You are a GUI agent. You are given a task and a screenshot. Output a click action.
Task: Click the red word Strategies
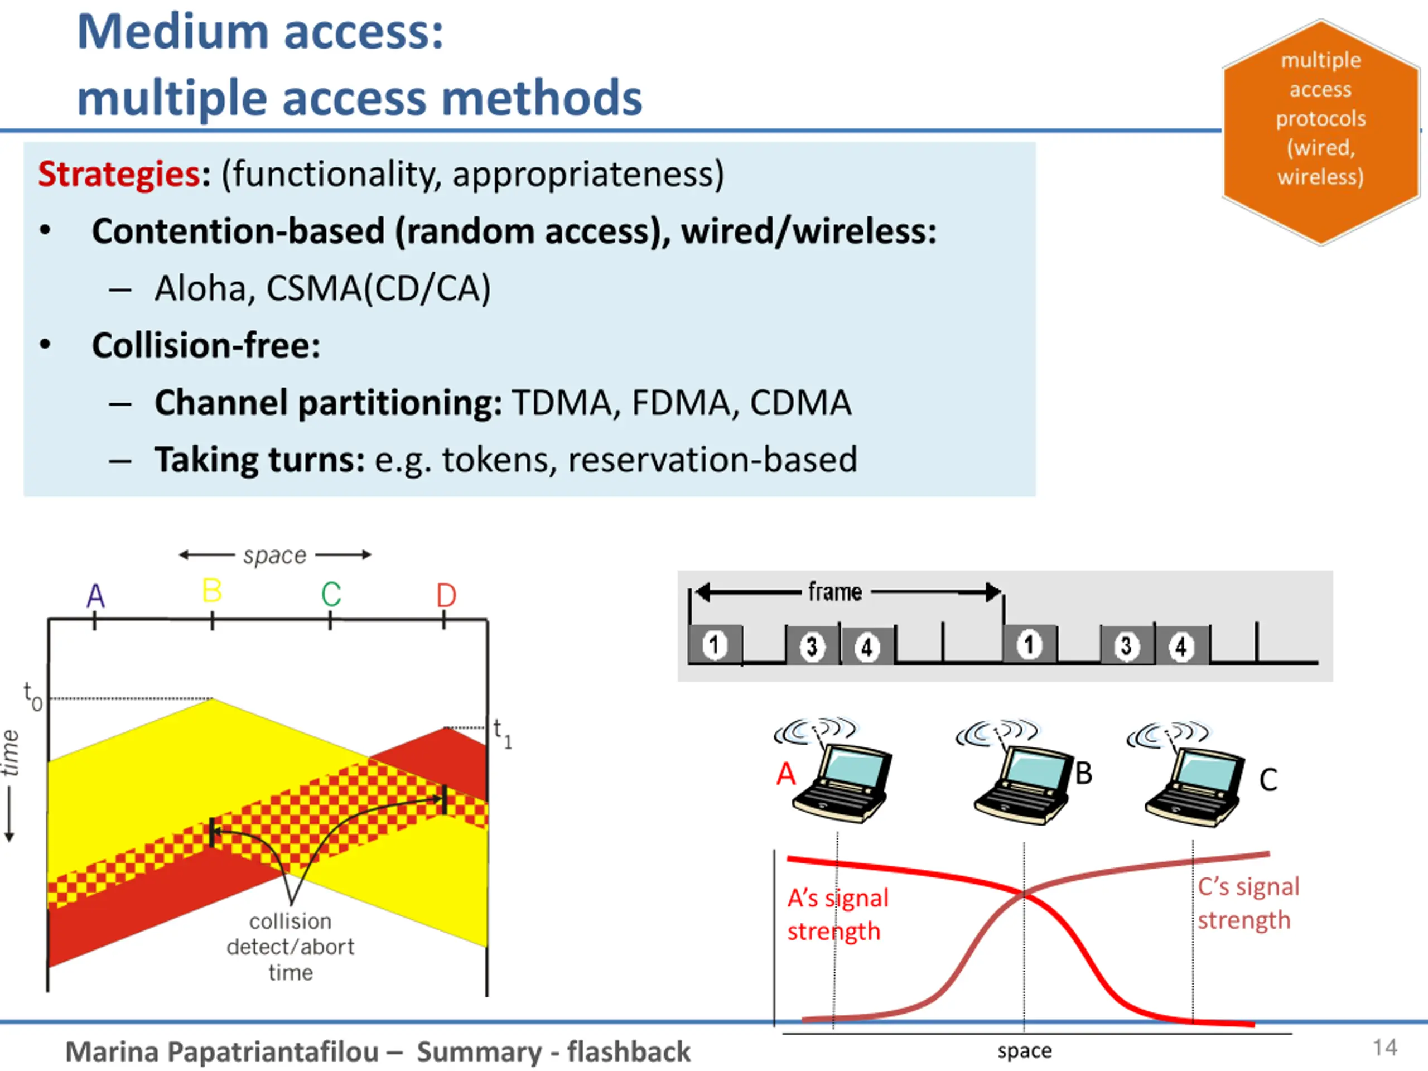[119, 174]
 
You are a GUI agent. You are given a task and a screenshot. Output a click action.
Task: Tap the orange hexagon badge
[1320, 132]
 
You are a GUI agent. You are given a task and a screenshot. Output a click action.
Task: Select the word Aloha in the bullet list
[200, 288]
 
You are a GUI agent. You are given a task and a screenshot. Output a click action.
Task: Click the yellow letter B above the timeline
[212, 591]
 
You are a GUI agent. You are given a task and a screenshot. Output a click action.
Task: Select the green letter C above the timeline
[331, 595]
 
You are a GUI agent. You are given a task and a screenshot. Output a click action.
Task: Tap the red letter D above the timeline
[446, 595]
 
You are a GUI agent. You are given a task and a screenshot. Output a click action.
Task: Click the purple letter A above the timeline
[95, 596]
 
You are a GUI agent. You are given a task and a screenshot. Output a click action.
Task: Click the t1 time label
[502, 734]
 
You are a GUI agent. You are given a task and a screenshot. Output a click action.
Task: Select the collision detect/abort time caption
[291, 947]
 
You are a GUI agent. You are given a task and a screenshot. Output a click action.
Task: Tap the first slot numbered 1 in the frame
[715, 645]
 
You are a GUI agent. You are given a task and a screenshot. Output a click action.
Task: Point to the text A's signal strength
[837, 915]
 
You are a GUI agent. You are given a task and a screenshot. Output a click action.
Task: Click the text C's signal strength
[1248, 903]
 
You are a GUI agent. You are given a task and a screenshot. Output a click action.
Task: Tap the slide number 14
[1384, 1047]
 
